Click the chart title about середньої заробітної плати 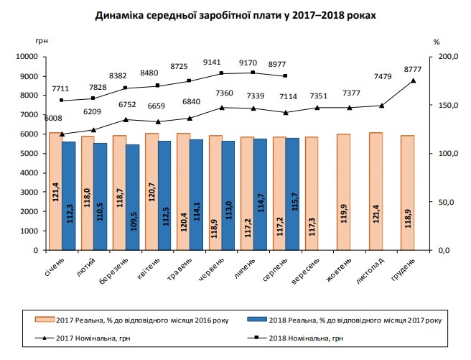235,14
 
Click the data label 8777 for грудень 413,69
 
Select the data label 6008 55,119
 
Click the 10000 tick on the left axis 25,56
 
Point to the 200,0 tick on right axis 447,56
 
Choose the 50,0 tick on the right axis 447,202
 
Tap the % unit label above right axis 436,42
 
